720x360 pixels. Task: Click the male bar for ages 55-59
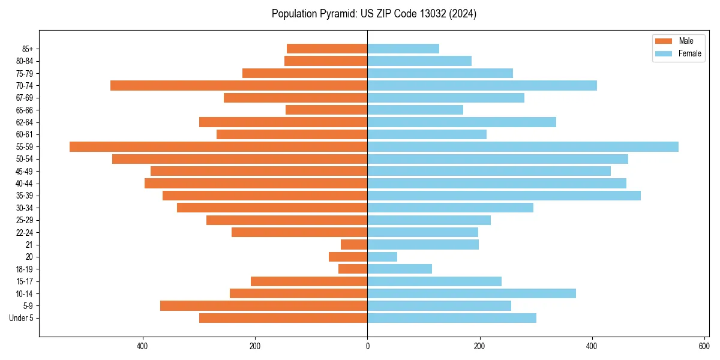[x=218, y=146]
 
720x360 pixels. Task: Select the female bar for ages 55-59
[x=523, y=146]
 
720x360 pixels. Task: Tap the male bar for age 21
[x=354, y=244]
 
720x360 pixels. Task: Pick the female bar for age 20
[x=382, y=257]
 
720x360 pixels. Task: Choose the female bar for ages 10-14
[x=472, y=293]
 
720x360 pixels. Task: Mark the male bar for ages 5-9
[x=264, y=305]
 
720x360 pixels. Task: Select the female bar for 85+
[x=403, y=49]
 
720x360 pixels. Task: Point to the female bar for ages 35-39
[x=504, y=196]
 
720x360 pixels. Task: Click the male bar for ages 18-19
[x=353, y=269]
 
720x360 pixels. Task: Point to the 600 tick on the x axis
[x=704, y=346]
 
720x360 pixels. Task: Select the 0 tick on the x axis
[x=367, y=346]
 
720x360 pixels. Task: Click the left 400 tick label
[x=143, y=346]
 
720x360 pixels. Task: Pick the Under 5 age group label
[x=21, y=318]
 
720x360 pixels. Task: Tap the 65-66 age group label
[x=25, y=110]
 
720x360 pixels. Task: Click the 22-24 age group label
[x=25, y=232]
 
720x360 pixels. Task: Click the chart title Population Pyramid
[x=374, y=14]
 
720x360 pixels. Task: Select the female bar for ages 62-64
[x=461, y=122]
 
